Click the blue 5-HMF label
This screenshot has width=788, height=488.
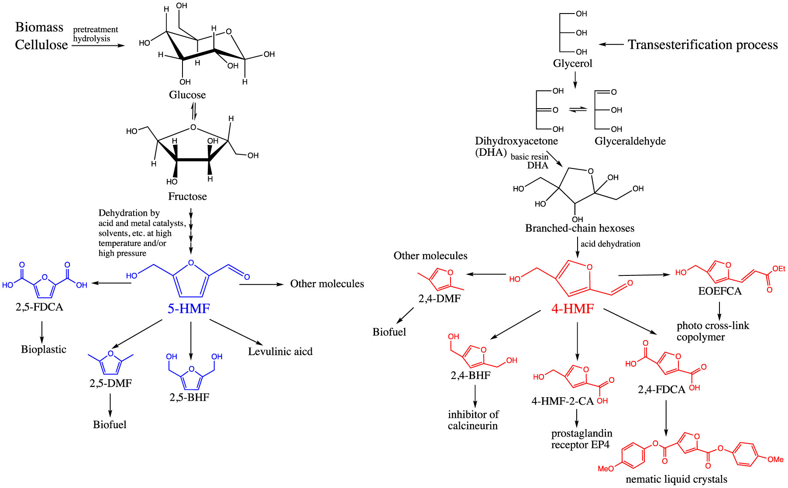(189, 309)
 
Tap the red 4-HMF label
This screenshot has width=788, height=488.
(572, 309)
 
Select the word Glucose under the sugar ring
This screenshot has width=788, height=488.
(187, 95)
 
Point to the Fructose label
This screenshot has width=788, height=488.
(187, 196)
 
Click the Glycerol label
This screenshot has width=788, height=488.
(572, 64)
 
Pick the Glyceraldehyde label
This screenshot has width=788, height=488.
(630, 141)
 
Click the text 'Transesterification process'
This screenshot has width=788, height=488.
(703, 45)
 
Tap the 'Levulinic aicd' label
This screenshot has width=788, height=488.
(280, 351)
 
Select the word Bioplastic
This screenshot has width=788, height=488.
(44, 349)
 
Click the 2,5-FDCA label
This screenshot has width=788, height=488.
(39, 307)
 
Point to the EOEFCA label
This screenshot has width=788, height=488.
(719, 291)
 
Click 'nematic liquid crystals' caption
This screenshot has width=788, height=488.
(676, 479)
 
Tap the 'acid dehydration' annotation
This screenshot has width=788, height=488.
(610, 244)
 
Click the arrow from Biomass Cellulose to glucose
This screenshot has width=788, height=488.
(98, 45)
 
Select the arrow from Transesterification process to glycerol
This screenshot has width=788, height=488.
(611, 44)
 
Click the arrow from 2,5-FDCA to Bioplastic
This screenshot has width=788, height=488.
(42, 332)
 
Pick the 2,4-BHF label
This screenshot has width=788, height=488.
(470, 375)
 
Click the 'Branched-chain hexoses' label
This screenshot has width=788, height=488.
(580, 228)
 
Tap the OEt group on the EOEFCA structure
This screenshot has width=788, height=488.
(778, 269)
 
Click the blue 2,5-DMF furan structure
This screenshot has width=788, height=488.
(110, 363)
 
